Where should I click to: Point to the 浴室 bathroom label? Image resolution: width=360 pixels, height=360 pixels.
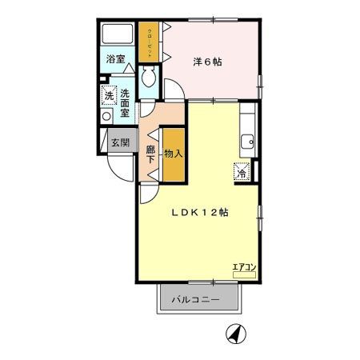[116, 58]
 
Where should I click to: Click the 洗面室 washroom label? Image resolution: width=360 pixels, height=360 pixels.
[125, 102]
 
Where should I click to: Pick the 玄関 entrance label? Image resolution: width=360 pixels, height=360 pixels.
[118, 144]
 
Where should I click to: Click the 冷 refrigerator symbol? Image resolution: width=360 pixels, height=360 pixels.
[241, 171]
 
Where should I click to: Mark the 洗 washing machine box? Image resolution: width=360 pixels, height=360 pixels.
[108, 95]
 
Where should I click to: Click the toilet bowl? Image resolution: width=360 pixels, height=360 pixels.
[148, 78]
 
